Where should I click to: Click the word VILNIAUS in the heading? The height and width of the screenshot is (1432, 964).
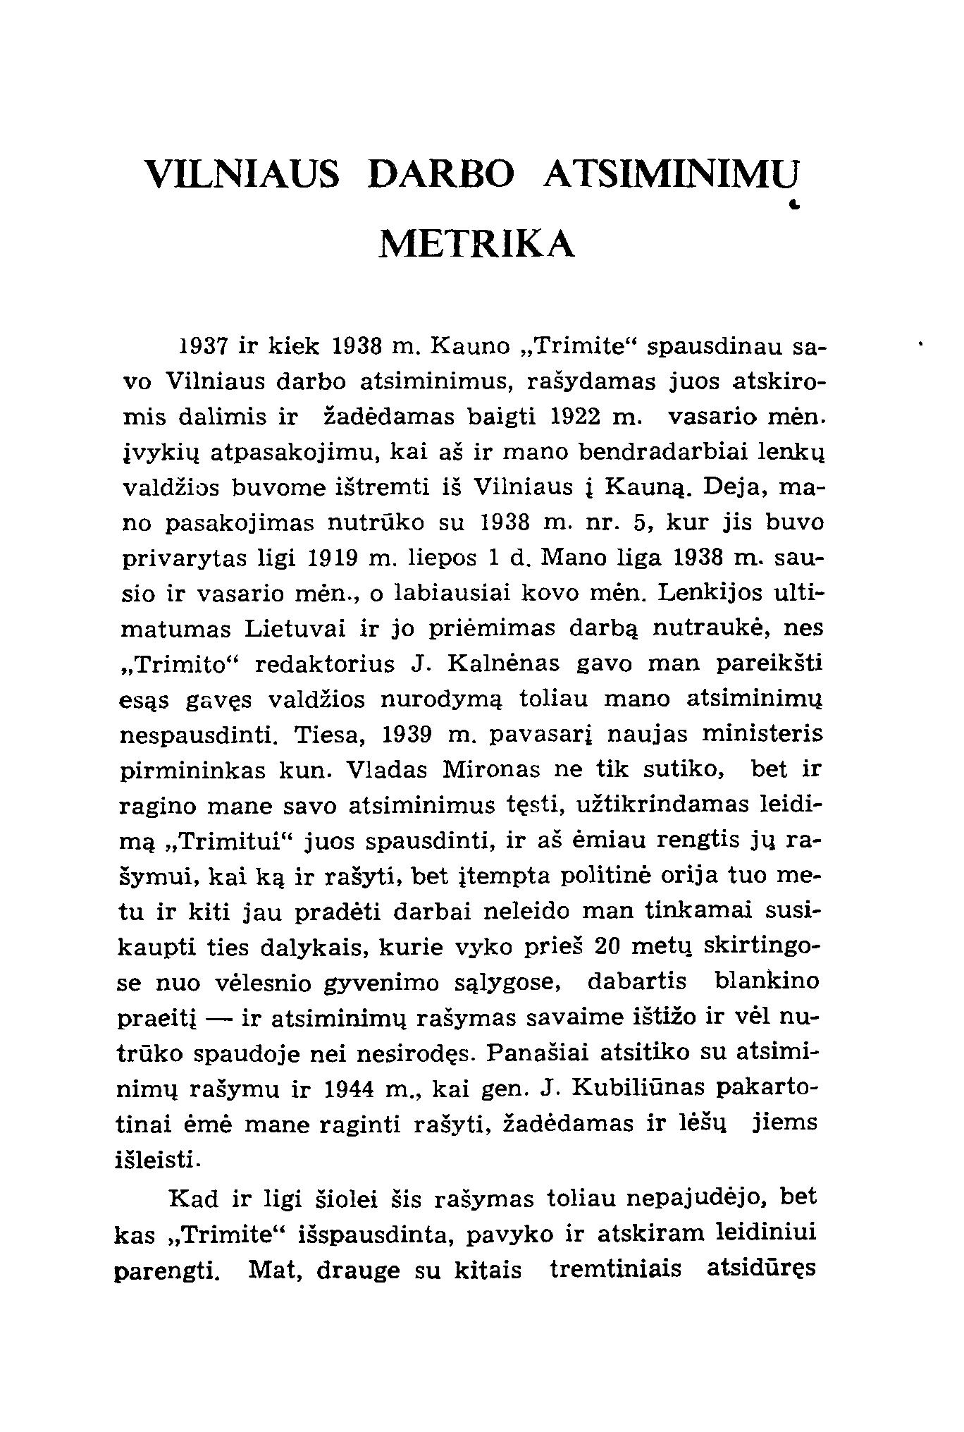tap(241, 173)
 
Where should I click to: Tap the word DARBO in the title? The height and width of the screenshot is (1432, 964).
tap(442, 173)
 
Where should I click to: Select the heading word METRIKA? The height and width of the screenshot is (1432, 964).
tap(477, 244)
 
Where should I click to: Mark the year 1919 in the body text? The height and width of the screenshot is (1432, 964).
tap(336, 558)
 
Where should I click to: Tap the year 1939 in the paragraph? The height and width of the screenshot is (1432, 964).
tap(407, 735)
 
